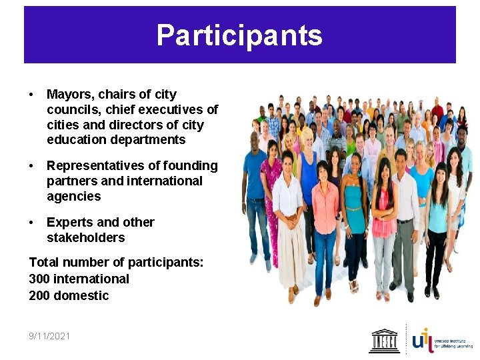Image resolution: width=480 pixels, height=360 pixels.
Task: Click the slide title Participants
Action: [239, 35]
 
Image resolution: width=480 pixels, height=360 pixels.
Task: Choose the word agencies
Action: [73, 196]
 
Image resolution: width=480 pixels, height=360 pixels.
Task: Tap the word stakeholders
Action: [85, 237]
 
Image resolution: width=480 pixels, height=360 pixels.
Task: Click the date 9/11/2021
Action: [49, 336]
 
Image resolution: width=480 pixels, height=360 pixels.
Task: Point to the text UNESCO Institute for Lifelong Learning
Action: [453, 343]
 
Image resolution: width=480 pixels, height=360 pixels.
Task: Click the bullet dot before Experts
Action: [32, 222]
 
